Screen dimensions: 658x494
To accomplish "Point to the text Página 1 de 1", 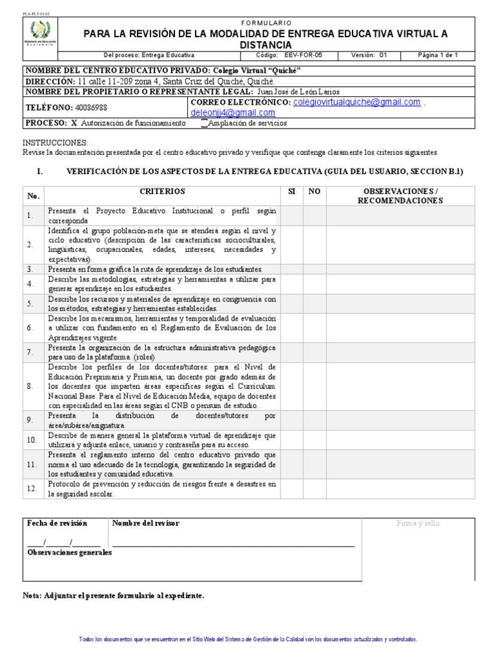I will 437,55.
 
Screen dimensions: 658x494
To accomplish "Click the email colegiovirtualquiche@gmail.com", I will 356,102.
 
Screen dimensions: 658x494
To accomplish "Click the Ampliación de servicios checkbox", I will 204,123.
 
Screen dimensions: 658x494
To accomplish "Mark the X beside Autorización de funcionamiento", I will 73,123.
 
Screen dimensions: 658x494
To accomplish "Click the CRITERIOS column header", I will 161,191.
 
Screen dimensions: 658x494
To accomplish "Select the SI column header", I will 291,191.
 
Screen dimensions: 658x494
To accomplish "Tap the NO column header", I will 314,191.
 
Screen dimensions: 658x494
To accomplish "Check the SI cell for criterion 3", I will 291,269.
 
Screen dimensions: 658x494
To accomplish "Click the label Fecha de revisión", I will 57,524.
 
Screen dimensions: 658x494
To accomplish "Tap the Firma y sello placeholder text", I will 418,524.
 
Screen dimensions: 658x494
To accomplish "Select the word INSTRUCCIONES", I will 55,142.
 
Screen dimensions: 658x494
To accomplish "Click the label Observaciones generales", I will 69,553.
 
